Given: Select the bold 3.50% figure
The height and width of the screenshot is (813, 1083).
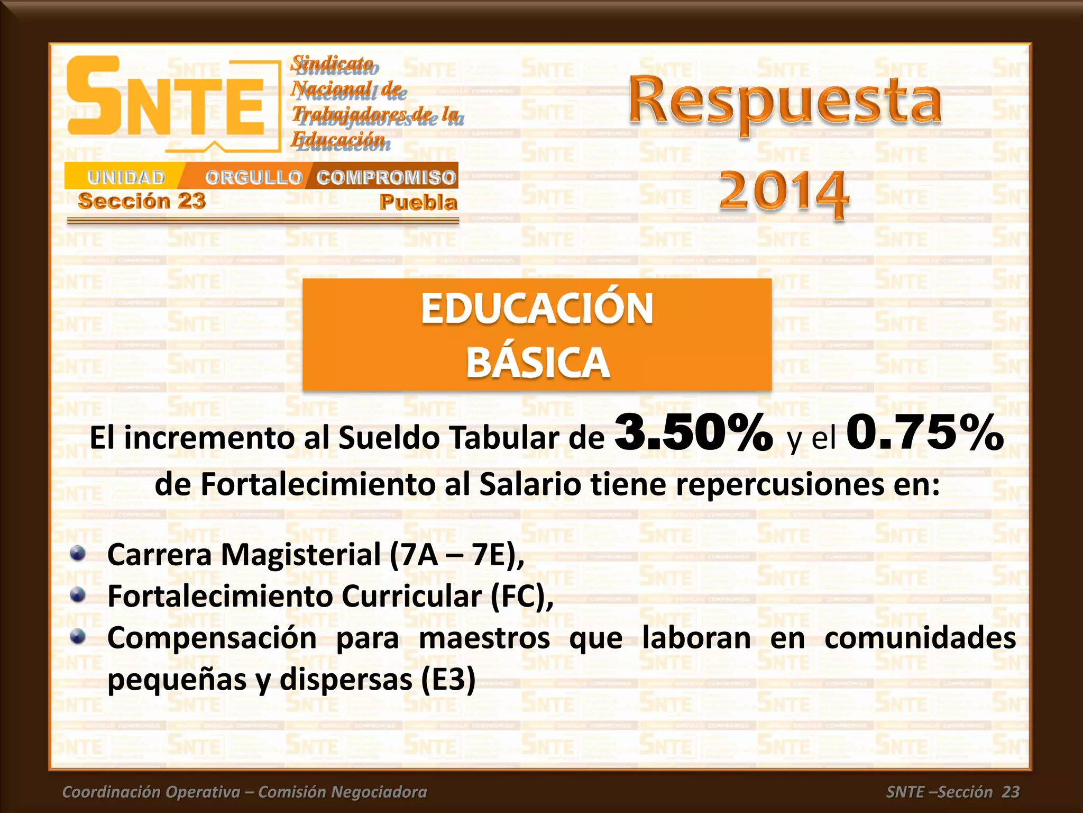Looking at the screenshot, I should coord(694,433).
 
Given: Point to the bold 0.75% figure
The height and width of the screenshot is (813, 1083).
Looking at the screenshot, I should coord(925,433).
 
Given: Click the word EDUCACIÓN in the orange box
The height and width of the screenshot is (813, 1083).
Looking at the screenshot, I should coord(537,309).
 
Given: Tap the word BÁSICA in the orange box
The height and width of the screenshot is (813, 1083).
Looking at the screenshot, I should coord(537,363).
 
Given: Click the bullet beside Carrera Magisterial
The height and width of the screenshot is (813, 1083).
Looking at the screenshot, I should coord(78,554).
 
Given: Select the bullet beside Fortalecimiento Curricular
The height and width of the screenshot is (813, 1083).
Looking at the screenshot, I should coord(78,595).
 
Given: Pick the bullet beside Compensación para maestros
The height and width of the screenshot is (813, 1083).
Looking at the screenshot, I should coord(78,636).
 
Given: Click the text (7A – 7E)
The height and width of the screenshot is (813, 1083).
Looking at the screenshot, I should coord(456,555).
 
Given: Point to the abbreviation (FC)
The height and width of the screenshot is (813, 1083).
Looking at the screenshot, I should coord(521,597).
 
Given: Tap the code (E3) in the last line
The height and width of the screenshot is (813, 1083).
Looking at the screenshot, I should coord(448,680).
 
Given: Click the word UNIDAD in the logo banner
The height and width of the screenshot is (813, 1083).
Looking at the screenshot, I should coord(126,177).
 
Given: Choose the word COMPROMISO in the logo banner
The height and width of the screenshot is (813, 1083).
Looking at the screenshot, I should coord(386,177).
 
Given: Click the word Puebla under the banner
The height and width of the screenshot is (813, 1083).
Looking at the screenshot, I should coord(418,203).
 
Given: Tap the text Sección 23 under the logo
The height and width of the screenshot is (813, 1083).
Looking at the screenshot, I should coord(142,201).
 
